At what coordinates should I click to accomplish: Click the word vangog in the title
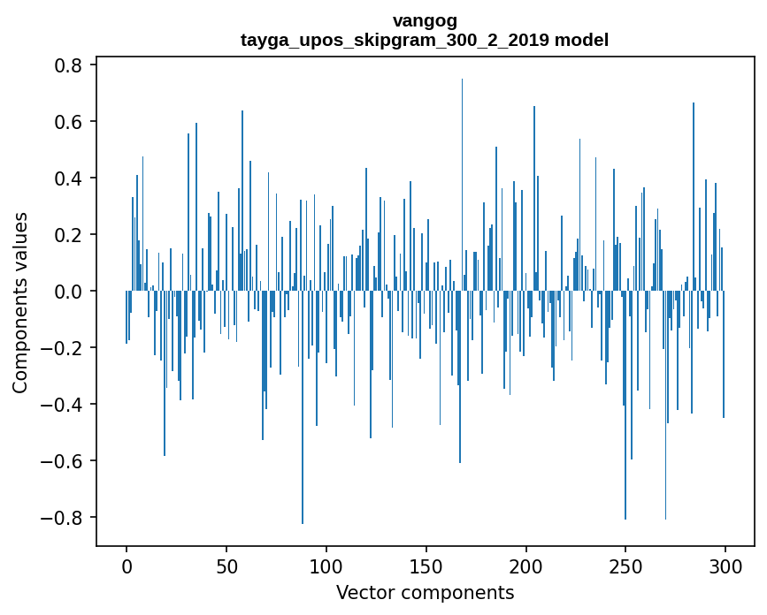[425, 20]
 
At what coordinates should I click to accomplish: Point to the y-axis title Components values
[20, 302]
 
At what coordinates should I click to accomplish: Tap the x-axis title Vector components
[425, 592]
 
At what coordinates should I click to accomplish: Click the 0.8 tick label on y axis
[67, 65]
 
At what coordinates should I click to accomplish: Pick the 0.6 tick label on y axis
[67, 122]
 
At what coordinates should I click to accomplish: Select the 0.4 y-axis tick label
[67, 178]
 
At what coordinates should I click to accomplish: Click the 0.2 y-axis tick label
[67, 235]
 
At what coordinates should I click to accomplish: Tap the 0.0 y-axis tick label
[67, 292]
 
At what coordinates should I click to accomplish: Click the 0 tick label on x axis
[127, 566]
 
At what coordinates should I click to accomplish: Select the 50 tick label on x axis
[226, 566]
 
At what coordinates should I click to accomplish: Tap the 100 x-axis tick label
[326, 566]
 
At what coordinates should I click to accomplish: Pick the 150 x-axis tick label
[426, 566]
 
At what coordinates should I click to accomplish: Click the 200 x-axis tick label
[526, 566]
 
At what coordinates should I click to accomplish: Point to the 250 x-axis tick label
[625, 566]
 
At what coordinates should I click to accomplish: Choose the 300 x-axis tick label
[725, 566]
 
